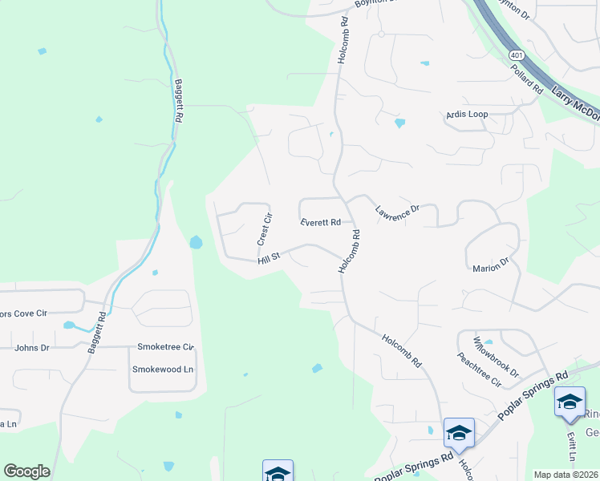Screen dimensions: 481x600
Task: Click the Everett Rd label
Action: click(321, 222)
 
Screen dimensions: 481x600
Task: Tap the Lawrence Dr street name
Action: click(397, 211)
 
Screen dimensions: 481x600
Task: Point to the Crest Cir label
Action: click(264, 229)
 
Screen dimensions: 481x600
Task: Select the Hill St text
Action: click(268, 258)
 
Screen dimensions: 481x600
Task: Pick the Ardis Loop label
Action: click(467, 115)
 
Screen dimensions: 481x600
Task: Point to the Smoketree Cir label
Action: click(166, 347)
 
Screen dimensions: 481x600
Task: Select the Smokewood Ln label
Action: click(164, 370)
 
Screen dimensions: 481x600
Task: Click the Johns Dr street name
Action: click(32, 348)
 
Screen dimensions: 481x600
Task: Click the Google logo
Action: click(26, 471)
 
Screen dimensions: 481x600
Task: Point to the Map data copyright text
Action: click(566, 475)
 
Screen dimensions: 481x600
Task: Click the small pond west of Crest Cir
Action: click(196, 241)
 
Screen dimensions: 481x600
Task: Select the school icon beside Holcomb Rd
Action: click(459, 434)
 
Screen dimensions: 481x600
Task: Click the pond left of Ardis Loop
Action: click(399, 123)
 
